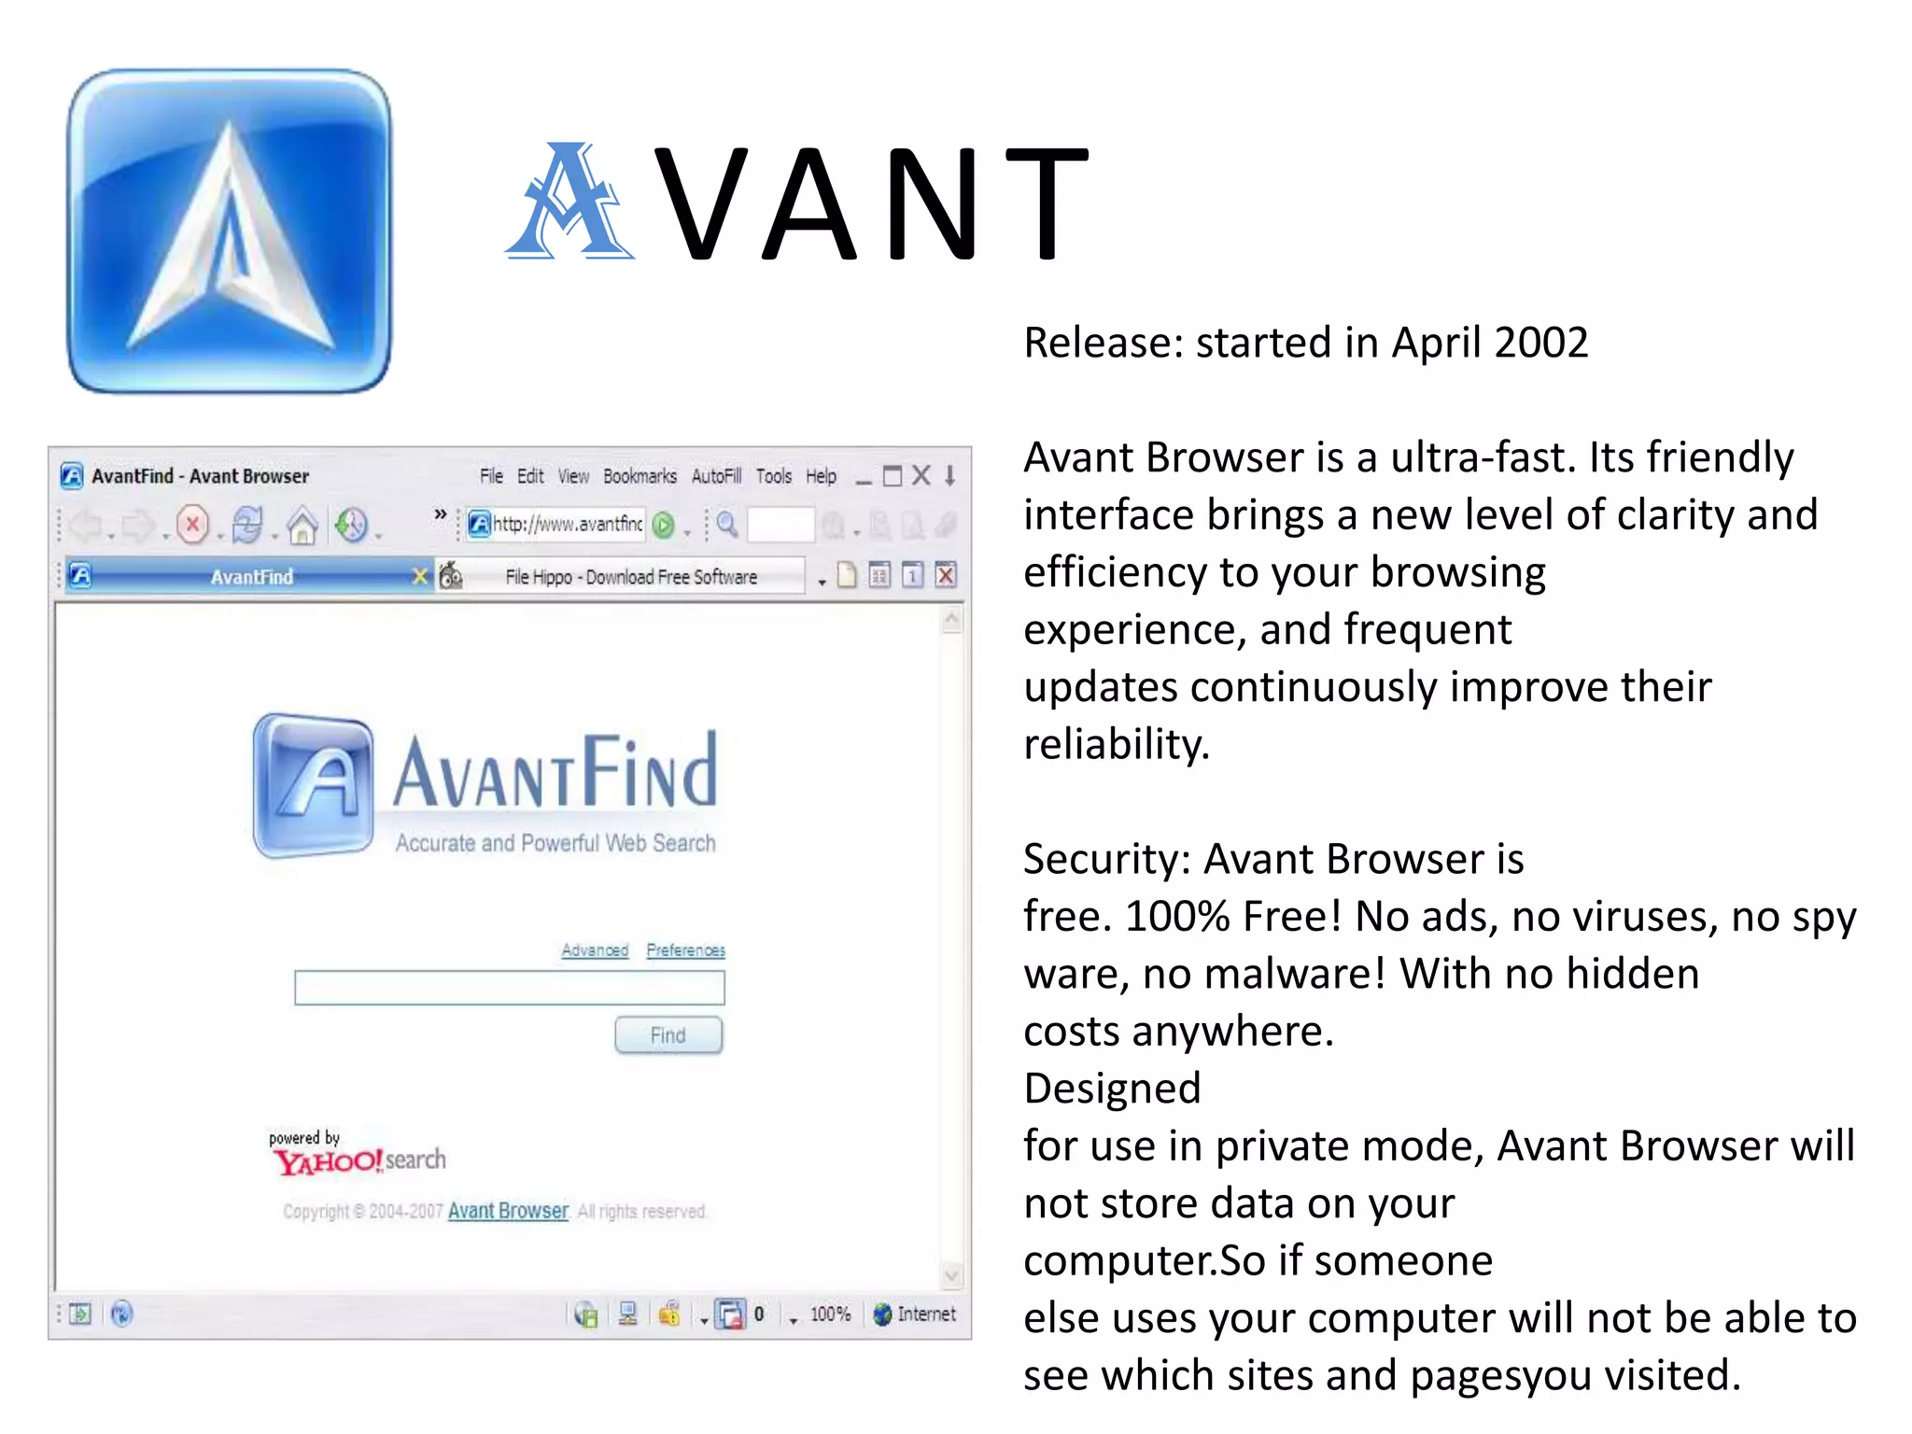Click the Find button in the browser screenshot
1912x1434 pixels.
click(x=668, y=1034)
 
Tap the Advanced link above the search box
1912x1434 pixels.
click(x=595, y=949)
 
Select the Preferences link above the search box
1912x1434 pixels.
click(x=685, y=949)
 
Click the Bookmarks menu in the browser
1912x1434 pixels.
click(x=640, y=476)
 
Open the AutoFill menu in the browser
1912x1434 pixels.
click(x=716, y=476)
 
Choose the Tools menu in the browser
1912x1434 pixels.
click(x=773, y=476)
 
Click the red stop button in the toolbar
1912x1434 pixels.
click(x=193, y=525)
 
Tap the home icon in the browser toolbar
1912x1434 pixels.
click(x=302, y=526)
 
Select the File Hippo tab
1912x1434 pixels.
click(x=630, y=577)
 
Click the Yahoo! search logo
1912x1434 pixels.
click(x=358, y=1160)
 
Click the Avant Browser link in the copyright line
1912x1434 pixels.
click(x=508, y=1211)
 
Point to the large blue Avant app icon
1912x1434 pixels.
click(x=230, y=232)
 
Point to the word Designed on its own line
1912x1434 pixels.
click(x=1112, y=1089)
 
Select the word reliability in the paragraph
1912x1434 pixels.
click(x=1116, y=745)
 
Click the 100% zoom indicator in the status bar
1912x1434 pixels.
click(x=830, y=1314)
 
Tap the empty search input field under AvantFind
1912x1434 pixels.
click(x=509, y=988)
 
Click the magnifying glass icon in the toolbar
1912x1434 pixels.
click(x=727, y=525)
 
